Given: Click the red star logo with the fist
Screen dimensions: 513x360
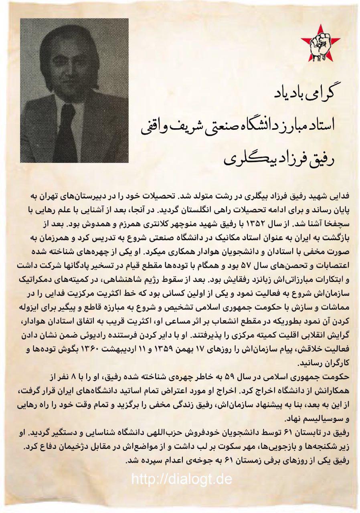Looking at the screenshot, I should [322, 44].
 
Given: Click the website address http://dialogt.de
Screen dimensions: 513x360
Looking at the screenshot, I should [181, 479].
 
